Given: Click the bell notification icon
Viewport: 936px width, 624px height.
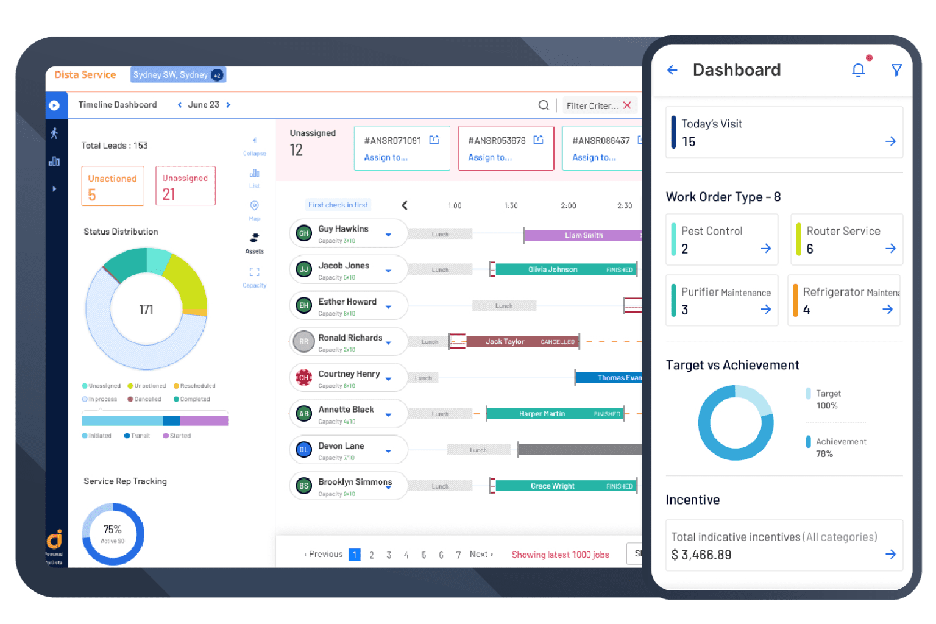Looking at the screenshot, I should point(858,71).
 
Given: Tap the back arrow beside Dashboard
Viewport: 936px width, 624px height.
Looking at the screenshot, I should point(672,70).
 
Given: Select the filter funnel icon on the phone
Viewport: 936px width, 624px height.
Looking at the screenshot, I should point(896,70).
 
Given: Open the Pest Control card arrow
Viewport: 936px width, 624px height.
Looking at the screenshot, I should point(766,249).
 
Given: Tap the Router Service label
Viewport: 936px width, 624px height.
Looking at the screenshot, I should point(843,231).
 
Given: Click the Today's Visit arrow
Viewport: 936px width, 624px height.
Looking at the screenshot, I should point(890,141).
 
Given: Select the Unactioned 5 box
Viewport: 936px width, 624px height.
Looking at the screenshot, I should point(113,186).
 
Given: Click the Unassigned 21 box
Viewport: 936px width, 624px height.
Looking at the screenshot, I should point(185,186).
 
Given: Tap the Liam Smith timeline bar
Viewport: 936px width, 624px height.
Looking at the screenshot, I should point(583,235).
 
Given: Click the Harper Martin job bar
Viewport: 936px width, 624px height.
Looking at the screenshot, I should point(555,414).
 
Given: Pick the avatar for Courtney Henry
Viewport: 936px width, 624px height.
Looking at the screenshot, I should point(303,378).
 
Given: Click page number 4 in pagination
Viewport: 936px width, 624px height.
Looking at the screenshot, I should point(406,555).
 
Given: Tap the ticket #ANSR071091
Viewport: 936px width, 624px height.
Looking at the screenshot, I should point(392,141).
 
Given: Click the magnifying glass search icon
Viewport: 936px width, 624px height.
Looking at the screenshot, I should point(544,105).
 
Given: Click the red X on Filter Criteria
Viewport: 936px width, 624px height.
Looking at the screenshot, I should point(627,105).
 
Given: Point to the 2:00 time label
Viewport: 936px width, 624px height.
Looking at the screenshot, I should point(569,206).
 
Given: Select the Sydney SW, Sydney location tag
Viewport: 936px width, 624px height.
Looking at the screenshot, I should point(171,75).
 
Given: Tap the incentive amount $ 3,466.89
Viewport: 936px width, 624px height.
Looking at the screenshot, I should point(701,555).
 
